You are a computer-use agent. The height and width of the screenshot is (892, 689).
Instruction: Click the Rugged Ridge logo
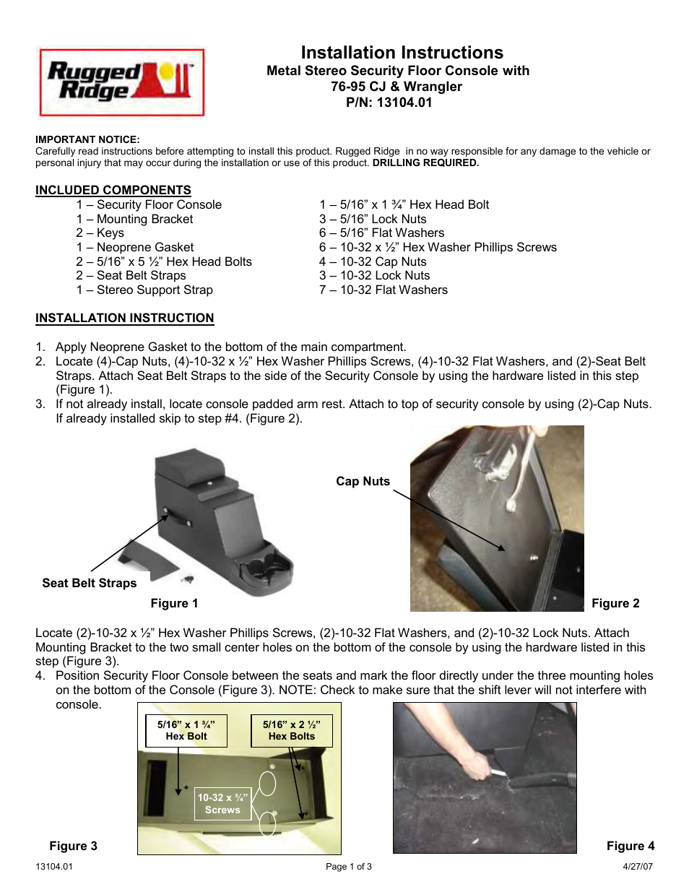click(x=121, y=82)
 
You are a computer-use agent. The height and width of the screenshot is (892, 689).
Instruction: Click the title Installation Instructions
click(x=402, y=53)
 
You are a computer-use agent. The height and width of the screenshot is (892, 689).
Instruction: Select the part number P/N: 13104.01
click(x=389, y=103)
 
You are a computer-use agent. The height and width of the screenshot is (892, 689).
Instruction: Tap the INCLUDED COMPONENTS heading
click(x=113, y=190)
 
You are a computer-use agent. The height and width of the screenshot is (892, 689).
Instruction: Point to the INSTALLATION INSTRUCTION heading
click(x=124, y=318)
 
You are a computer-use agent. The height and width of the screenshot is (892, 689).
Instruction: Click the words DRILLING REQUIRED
click(x=425, y=163)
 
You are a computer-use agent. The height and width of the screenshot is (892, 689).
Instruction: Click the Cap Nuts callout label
click(x=363, y=481)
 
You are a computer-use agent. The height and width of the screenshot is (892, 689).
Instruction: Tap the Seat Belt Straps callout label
click(x=89, y=583)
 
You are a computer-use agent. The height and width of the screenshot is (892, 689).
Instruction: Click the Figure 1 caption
click(x=174, y=603)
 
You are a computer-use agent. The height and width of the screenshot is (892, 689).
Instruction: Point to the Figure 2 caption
click(x=615, y=603)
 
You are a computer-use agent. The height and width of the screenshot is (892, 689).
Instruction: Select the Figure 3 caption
click(x=73, y=846)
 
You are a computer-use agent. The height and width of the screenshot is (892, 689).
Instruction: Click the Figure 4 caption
click(x=630, y=846)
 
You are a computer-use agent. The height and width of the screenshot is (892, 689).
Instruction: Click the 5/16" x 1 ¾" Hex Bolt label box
click(x=186, y=730)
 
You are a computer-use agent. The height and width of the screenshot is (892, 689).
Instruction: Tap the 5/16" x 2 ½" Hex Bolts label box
click(x=292, y=730)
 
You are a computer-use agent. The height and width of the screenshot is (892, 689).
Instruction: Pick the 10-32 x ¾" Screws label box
click(x=222, y=804)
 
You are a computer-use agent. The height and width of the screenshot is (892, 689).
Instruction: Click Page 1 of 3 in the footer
click(x=349, y=867)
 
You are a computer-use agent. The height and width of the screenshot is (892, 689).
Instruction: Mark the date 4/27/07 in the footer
click(x=638, y=867)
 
